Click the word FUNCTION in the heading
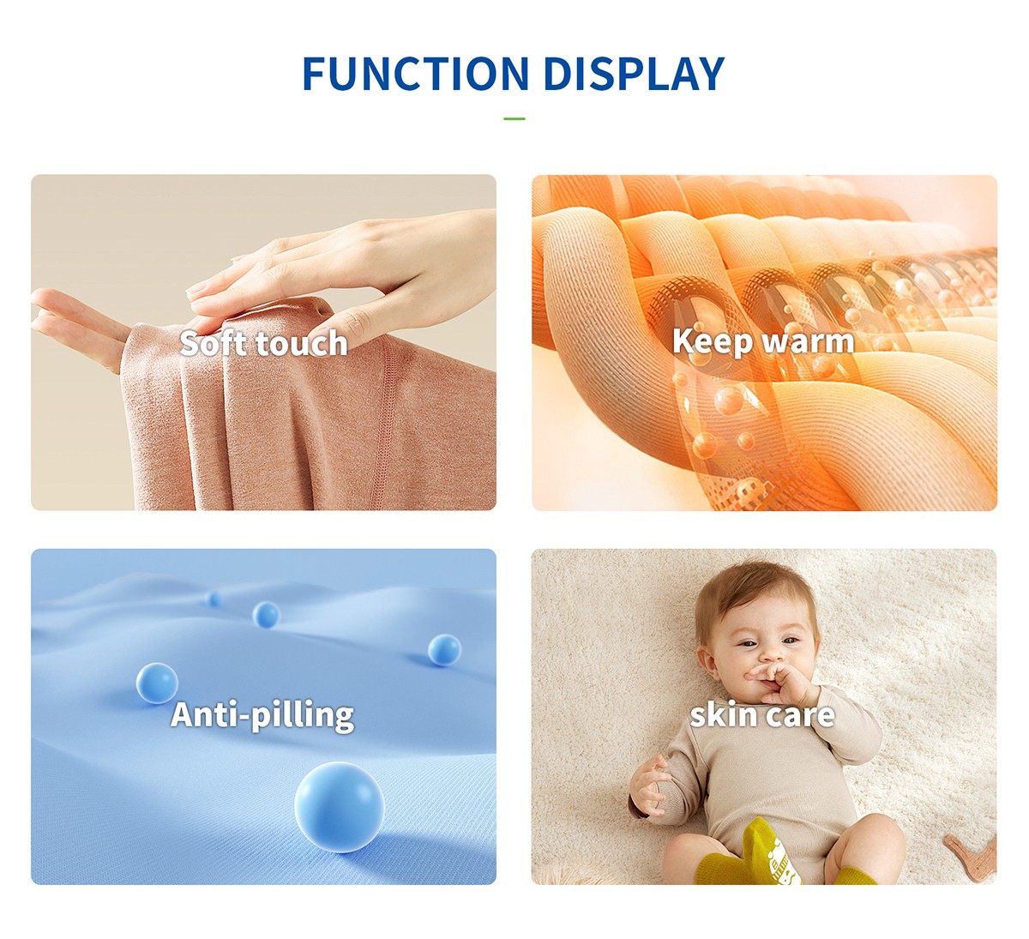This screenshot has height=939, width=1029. click(416, 74)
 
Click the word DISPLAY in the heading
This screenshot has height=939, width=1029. click(634, 74)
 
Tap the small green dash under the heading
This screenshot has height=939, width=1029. click(514, 118)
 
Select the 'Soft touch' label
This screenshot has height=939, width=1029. click(263, 343)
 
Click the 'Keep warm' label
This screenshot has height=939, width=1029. click(763, 341)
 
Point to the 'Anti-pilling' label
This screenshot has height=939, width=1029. click(262, 715)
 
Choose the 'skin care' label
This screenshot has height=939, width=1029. click(762, 715)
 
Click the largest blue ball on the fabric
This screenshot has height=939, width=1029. click(339, 807)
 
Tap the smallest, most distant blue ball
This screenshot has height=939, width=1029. click(214, 599)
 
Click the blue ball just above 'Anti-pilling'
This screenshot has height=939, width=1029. click(157, 683)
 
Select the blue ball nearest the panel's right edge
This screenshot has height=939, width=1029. click(444, 650)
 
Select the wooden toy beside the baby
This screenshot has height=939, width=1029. click(972, 859)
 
